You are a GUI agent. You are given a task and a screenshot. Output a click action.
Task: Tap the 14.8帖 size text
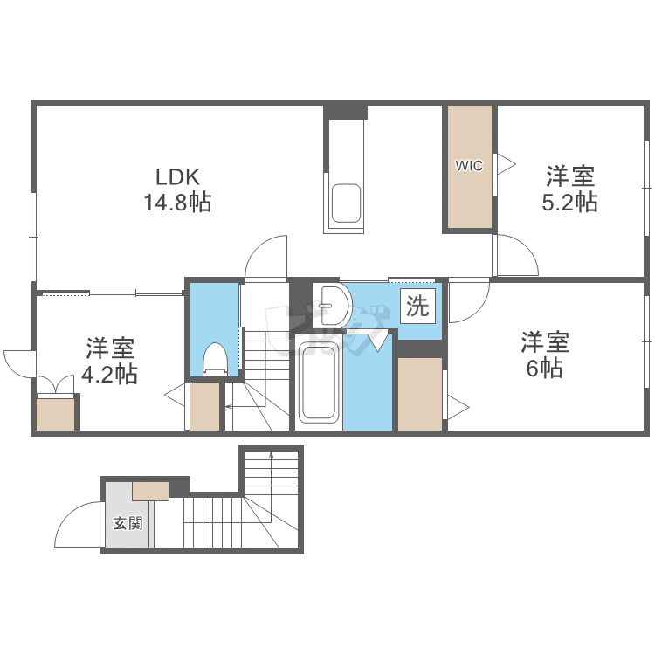(177, 203)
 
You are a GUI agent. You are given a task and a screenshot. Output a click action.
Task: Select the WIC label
(469, 166)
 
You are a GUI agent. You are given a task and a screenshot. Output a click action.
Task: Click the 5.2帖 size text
(571, 203)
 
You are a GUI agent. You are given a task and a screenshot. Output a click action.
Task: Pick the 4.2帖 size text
(109, 375)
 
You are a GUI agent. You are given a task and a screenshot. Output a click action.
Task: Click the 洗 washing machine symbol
(419, 307)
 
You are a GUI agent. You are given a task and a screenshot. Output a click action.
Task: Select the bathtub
(318, 383)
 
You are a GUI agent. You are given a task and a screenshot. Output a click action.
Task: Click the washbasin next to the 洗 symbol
(331, 305)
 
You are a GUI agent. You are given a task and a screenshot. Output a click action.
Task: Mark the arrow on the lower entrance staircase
(271, 463)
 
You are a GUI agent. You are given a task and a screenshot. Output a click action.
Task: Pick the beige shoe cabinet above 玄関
(150, 490)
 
